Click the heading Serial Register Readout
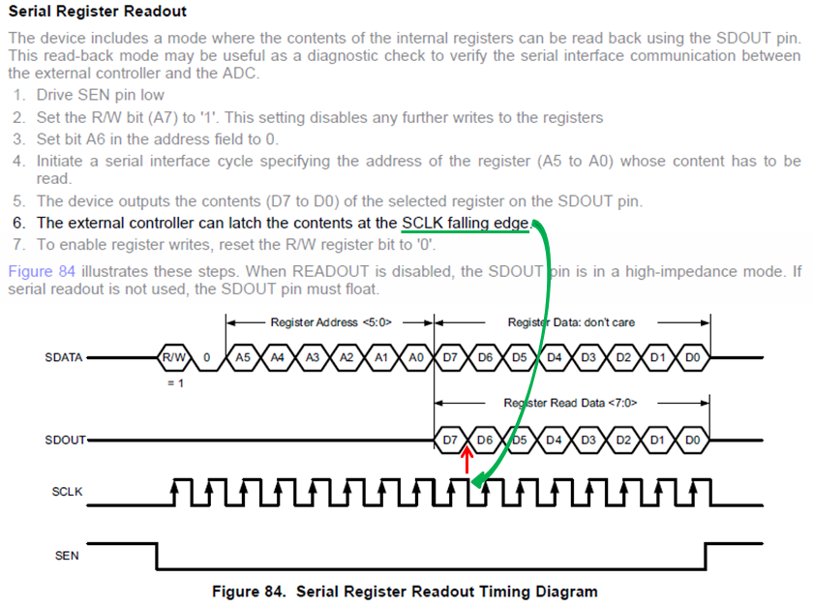point(97,13)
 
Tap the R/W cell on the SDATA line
point(175,358)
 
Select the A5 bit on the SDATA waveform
point(243,358)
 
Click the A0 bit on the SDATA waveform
point(416,358)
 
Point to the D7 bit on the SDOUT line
point(451,441)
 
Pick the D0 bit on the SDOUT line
point(692,441)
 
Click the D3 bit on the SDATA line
point(588,358)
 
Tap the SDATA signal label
point(64,358)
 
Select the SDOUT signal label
point(64,441)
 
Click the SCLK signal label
point(67,492)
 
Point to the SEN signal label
point(68,556)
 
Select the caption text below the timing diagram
point(405,592)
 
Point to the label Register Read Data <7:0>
point(571,402)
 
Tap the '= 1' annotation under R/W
point(174,382)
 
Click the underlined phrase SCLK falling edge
point(466,223)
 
